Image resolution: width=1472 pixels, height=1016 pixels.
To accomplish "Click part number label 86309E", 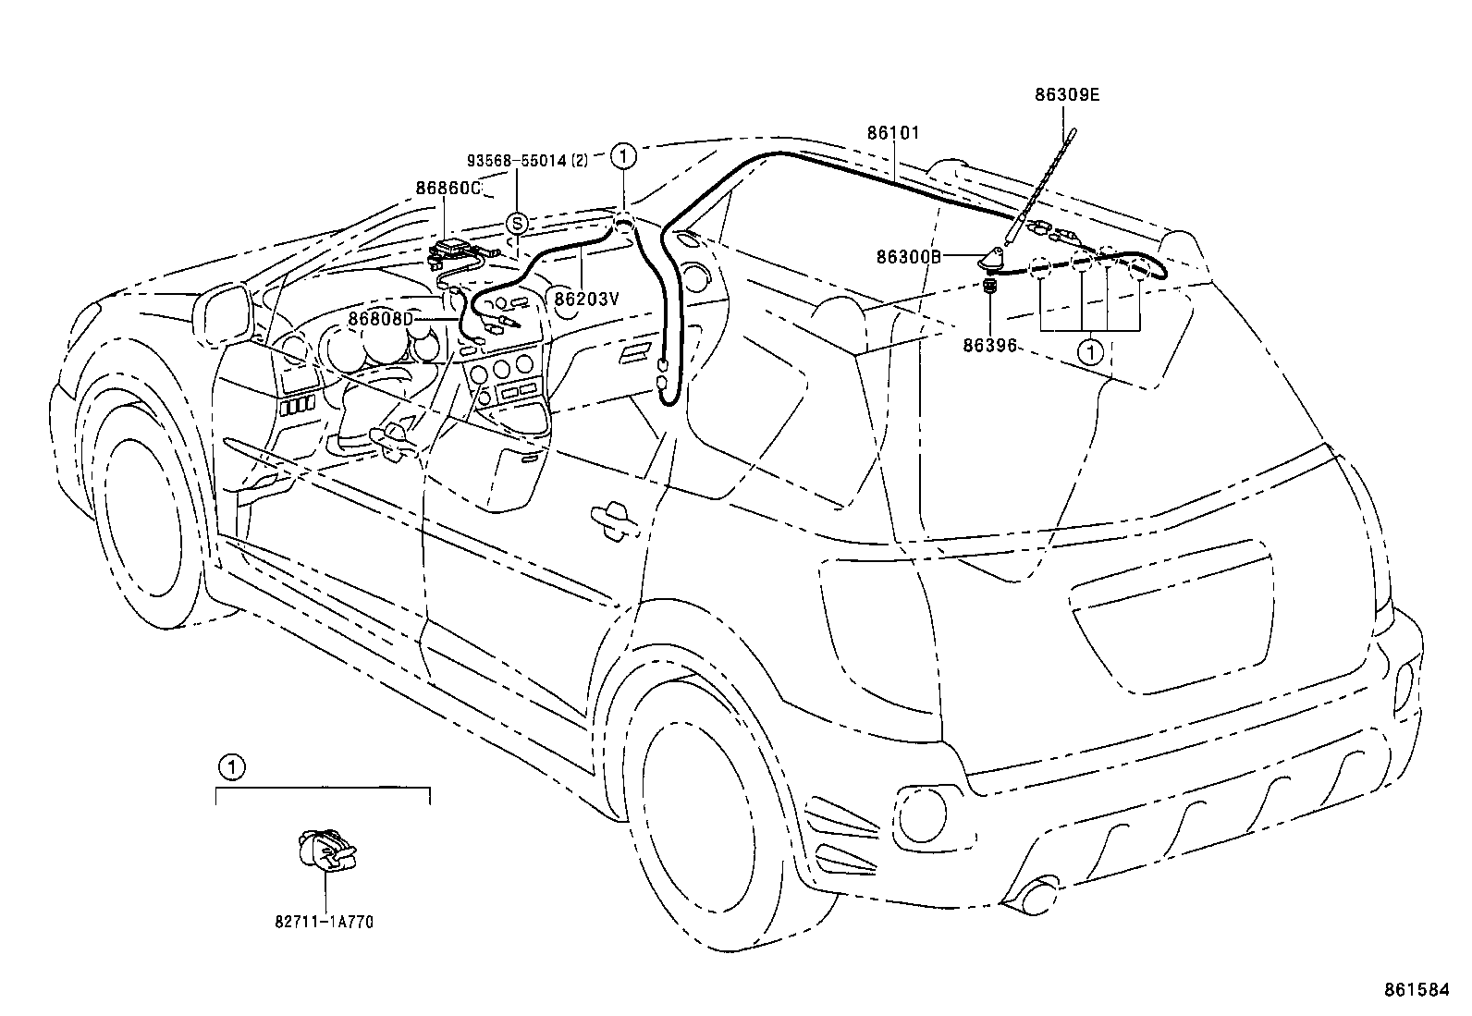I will pyautogui.click(x=1066, y=94).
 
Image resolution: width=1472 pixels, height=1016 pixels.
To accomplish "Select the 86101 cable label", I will pyautogui.click(x=893, y=133).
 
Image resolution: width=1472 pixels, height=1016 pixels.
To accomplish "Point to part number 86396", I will pyautogui.click(x=988, y=346).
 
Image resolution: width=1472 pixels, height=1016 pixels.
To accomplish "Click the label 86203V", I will pyautogui.click(x=586, y=298).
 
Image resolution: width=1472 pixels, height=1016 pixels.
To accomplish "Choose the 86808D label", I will pyautogui.click(x=380, y=319).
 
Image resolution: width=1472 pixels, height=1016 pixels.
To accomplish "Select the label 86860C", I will pyautogui.click(x=448, y=188).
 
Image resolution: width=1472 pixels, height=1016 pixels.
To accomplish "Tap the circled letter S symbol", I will pyautogui.click(x=517, y=223).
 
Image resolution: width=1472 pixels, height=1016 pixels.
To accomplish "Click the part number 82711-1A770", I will pyautogui.click(x=324, y=922).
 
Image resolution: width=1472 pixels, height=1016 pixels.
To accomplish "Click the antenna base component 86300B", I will pyautogui.click(x=995, y=260).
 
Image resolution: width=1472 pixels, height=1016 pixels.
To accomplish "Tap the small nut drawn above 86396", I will pyautogui.click(x=990, y=288).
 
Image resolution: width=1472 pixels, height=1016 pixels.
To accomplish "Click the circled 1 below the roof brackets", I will pyautogui.click(x=1091, y=351).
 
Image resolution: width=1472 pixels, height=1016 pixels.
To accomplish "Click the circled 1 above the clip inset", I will pyautogui.click(x=231, y=765).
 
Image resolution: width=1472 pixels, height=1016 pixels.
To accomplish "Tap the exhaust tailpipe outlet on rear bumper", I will pyautogui.click(x=1038, y=897).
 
